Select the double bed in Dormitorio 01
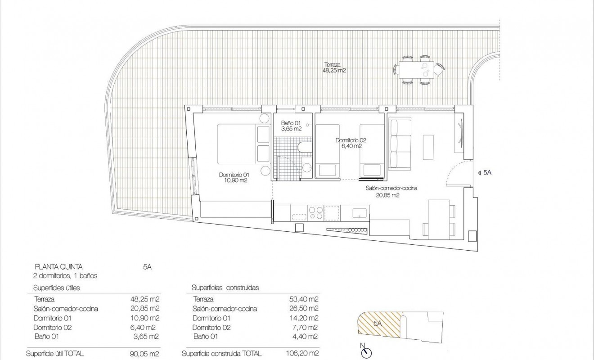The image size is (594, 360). [243, 144]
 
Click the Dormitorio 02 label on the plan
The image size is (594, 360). [349, 143]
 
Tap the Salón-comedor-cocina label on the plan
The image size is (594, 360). [391, 192]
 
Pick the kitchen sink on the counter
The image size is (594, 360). [360, 211]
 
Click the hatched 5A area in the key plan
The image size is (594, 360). [378, 323]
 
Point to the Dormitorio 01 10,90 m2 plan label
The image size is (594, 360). [234, 177]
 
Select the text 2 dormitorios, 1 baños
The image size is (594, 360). [66, 275]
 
